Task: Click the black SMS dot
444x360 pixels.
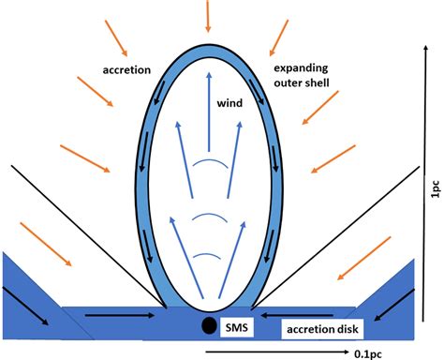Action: tap(206, 326)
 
